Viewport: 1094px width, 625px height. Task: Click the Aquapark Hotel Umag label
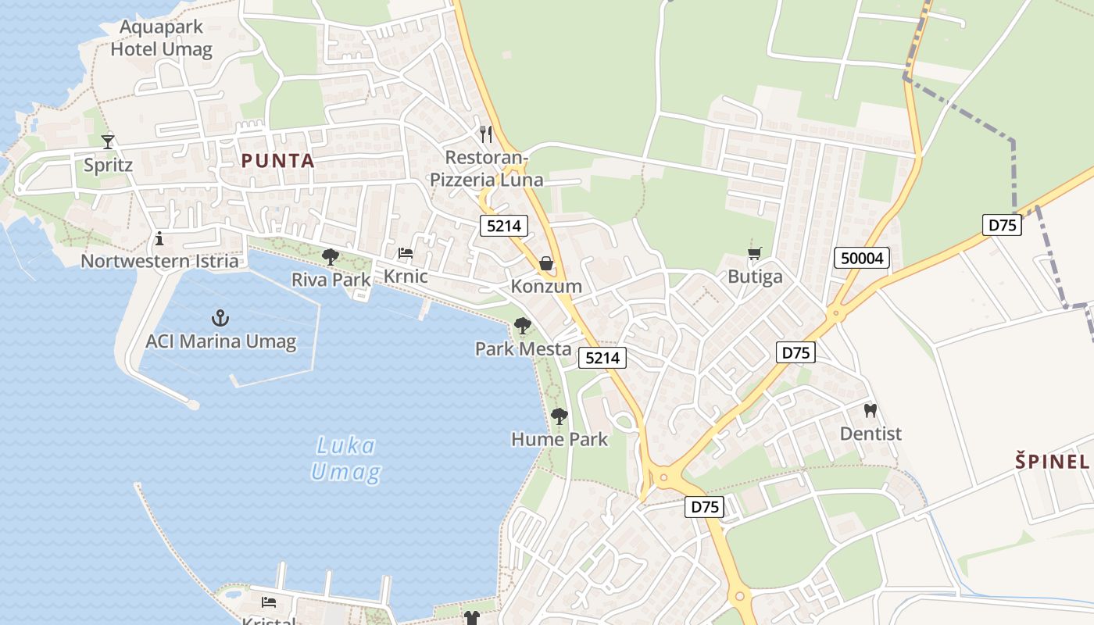pos(161,38)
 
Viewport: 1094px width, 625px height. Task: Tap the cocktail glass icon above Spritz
pos(108,141)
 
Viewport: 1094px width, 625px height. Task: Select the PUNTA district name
pos(277,162)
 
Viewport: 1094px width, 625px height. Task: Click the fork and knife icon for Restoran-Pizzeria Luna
pos(486,134)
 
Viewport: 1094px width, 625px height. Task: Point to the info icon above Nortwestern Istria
pos(159,237)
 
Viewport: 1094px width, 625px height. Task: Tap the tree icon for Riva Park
pos(331,256)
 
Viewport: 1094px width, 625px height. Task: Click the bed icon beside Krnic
pos(406,253)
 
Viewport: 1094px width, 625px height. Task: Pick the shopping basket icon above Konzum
pos(546,263)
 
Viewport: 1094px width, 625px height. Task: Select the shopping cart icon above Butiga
pos(754,253)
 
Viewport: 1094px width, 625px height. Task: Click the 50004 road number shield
pos(862,258)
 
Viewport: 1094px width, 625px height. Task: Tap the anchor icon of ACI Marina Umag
pos(220,318)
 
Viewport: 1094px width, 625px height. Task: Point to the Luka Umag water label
pos(345,459)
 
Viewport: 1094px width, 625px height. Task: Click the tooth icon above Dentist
pos(870,410)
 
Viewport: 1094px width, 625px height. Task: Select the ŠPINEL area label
pos(1053,461)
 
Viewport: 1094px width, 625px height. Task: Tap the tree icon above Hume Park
pos(559,416)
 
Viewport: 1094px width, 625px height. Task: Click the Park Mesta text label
pos(523,348)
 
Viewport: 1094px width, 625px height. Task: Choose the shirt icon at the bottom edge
pos(471,618)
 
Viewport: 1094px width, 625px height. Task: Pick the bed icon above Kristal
pos(269,602)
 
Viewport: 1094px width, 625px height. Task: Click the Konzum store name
pos(546,286)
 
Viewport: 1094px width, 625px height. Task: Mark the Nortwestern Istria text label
pos(159,261)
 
